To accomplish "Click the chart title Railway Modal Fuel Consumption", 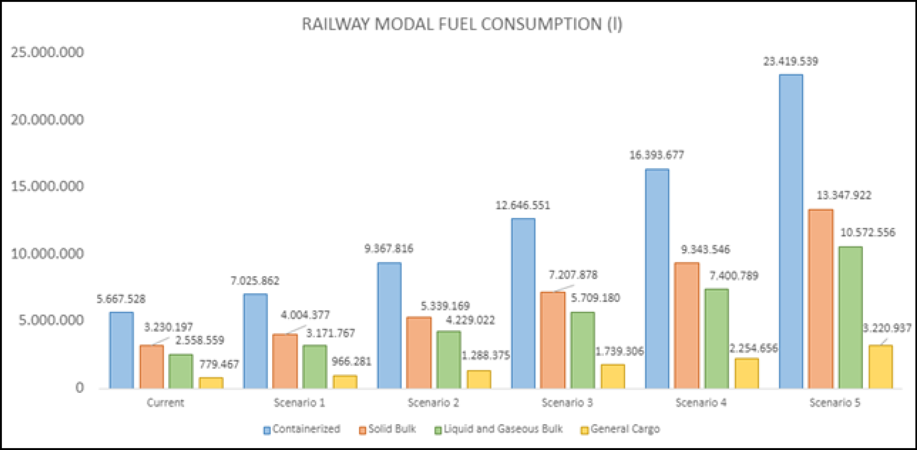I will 462,24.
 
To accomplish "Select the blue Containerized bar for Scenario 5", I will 791,231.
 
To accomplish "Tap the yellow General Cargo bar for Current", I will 211,383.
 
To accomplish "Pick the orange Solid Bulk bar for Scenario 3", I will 553,340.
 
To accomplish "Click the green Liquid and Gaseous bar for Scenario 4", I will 716,339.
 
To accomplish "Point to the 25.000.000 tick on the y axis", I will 47,52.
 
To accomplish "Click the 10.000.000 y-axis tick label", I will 47,253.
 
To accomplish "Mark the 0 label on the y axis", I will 79,387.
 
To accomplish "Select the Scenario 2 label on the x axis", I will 433,402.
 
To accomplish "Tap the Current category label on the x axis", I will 165,402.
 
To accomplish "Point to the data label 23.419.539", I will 790,61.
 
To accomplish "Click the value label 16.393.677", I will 656,155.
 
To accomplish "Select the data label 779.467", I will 219,364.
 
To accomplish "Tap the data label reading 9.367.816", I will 389,248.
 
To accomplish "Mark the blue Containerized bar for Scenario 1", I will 255,341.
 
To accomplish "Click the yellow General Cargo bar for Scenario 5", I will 880,367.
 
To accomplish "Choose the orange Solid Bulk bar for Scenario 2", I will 418,353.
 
